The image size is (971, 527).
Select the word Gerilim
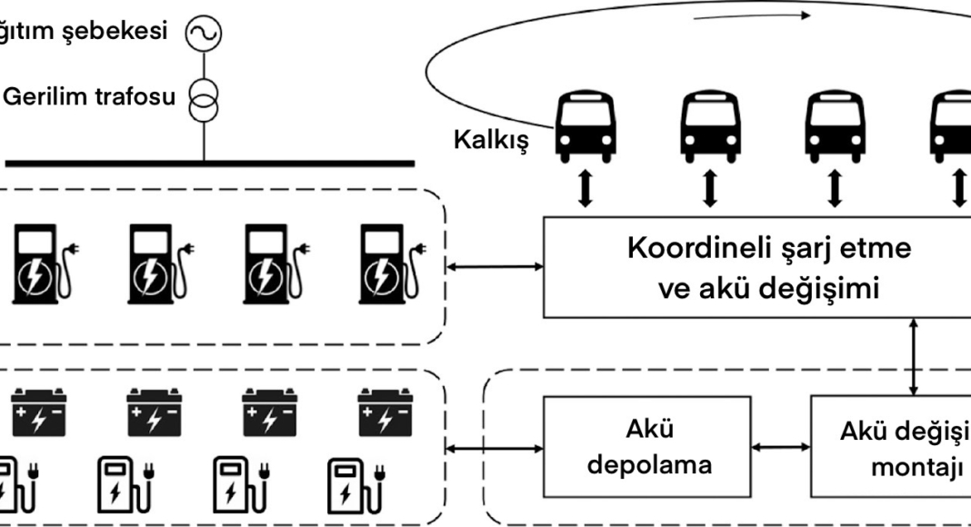click(x=46, y=96)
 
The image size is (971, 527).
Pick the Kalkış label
click(x=490, y=143)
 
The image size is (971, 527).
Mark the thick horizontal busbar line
click(x=209, y=164)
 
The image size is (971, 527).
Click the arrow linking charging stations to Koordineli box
click(x=495, y=267)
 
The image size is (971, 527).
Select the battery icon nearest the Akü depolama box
click(x=382, y=408)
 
